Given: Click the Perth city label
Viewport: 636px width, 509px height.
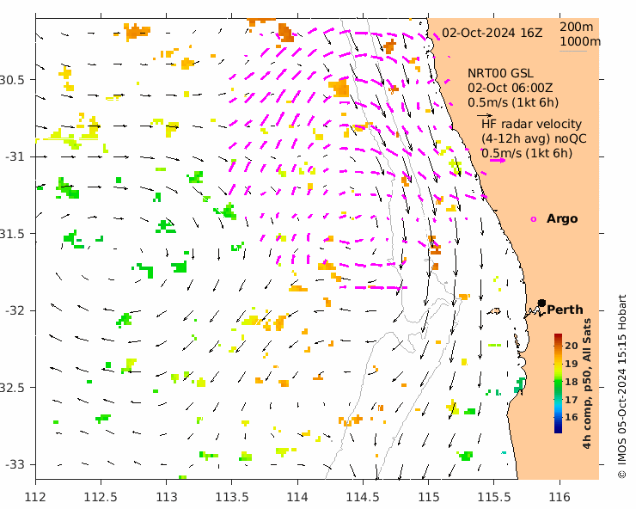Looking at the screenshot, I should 565,310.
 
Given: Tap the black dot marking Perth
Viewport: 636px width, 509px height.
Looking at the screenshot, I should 542,303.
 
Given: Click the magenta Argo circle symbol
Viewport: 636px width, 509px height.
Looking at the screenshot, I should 534,219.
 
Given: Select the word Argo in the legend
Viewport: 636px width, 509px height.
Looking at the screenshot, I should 562,219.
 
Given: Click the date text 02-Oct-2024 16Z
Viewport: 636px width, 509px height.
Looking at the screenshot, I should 492,34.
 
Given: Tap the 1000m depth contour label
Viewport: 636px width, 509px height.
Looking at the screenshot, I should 579,41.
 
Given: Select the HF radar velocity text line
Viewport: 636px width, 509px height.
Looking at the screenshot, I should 531,125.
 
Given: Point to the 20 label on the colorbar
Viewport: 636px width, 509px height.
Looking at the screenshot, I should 572,346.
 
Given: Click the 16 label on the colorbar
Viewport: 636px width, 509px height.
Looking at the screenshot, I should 572,417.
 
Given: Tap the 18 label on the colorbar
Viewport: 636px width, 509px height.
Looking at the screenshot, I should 572,382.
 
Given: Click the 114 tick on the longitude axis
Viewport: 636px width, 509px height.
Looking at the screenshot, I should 297,496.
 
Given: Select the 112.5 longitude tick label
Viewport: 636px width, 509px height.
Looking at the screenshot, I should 101,496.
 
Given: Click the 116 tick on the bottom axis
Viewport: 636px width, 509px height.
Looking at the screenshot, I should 560,496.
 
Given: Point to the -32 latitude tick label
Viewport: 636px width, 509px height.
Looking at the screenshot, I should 15,310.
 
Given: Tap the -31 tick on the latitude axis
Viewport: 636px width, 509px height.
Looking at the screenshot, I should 15,156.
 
